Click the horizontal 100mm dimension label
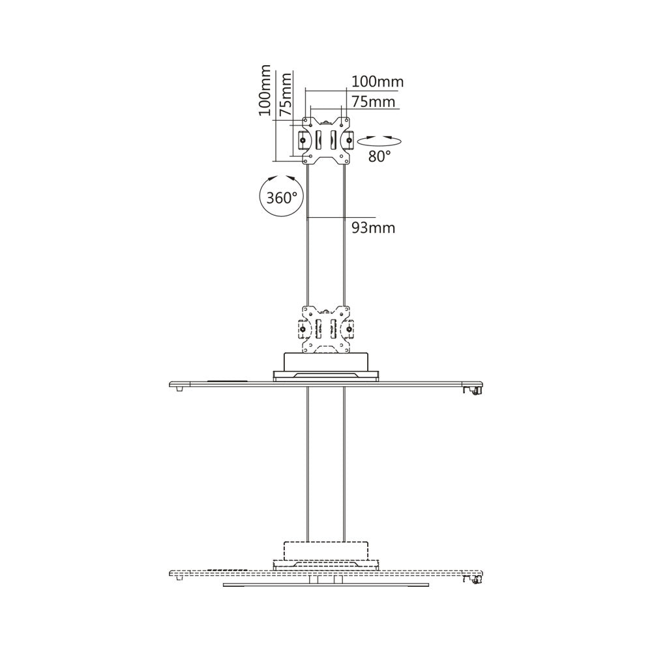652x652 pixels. pyautogui.click(x=378, y=81)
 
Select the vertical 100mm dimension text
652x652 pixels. pyautogui.click(x=265, y=90)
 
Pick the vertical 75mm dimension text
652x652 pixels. pyautogui.click(x=286, y=95)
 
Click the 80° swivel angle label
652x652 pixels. pyautogui.click(x=379, y=156)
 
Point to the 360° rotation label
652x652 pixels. pyautogui.click(x=282, y=198)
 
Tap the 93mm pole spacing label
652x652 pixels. pyautogui.click(x=374, y=228)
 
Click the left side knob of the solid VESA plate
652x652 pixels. pyautogui.click(x=303, y=140)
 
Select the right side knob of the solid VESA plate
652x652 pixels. pyautogui.click(x=349, y=140)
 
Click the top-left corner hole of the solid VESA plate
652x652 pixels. pyautogui.click(x=310, y=125)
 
